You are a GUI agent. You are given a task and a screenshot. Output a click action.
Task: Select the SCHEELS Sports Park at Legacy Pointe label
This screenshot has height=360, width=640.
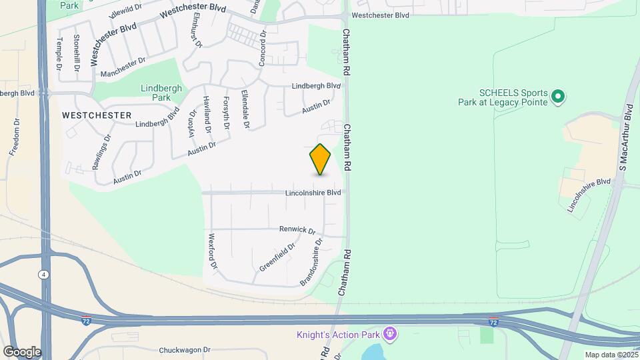pyautogui.click(x=513, y=97)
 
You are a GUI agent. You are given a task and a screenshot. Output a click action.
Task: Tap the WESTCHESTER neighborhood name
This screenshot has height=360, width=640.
pyautogui.click(x=97, y=115)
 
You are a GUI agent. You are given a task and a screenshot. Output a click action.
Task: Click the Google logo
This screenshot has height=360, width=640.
pyautogui.click(x=21, y=351)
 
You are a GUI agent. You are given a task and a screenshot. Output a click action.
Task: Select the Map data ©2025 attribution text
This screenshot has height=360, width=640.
pyautogui.click(x=611, y=355)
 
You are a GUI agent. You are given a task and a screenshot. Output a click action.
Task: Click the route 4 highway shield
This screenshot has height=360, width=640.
pyautogui.click(x=43, y=274)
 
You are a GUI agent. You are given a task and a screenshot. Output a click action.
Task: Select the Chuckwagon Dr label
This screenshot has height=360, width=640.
pyautogui.click(x=185, y=349)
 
